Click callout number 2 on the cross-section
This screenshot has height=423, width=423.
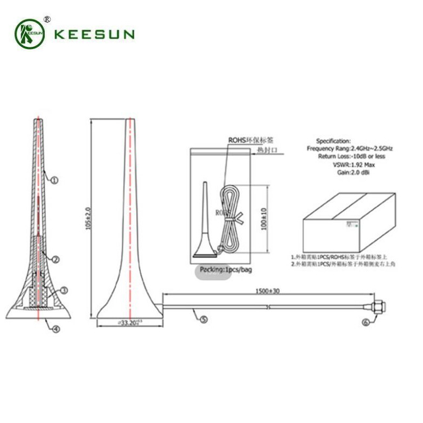pyautogui.click(x=57, y=259)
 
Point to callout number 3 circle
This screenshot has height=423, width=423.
pyautogui.click(x=65, y=289)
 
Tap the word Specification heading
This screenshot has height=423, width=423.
pyautogui.click(x=334, y=141)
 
